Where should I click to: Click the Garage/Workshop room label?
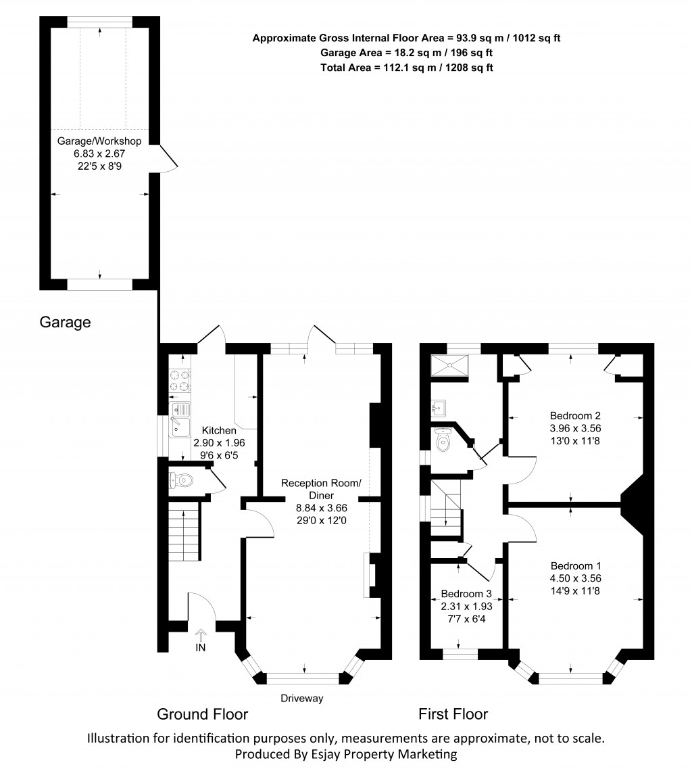(x=99, y=141)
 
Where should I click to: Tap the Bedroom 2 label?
(x=575, y=415)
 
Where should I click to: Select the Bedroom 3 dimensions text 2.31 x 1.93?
(x=466, y=606)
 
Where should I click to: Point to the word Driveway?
(x=303, y=698)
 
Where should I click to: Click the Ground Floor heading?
(x=202, y=714)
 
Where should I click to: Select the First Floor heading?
(x=453, y=714)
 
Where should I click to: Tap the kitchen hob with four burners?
(x=180, y=379)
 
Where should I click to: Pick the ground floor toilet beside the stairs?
(x=182, y=480)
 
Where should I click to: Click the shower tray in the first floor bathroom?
(x=451, y=366)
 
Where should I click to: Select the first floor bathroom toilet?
(x=443, y=442)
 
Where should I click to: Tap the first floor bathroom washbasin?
(x=439, y=406)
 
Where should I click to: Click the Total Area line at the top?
(x=406, y=67)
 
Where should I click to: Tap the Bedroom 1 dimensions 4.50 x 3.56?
(x=575, y=578)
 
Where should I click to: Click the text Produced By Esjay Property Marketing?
(x=345, y=753)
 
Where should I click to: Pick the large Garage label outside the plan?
(x=64, y=322)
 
